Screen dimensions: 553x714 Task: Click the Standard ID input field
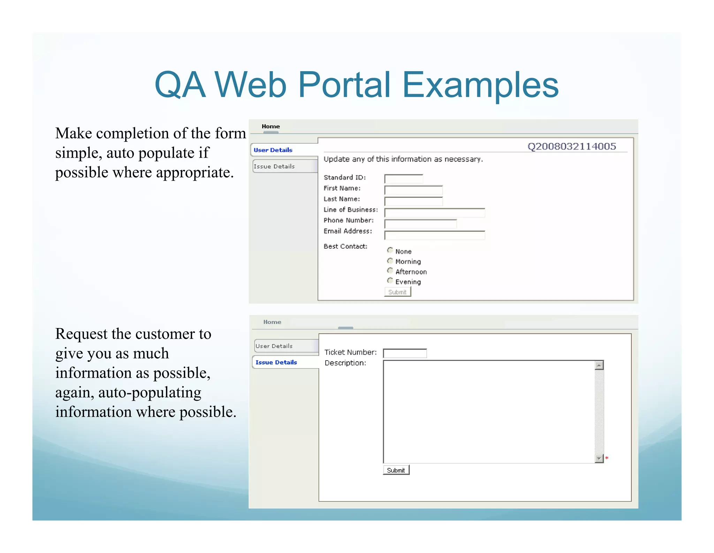point(403,179)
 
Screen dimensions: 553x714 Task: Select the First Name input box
point(413,190)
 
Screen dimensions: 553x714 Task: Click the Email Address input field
point(434,236)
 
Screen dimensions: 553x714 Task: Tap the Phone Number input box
point(420,224)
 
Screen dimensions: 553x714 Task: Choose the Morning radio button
point(390,261)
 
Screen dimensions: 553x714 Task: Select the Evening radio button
point(390,281)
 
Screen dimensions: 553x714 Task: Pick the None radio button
point(390,250)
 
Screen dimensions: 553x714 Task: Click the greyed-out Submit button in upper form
point(397,292)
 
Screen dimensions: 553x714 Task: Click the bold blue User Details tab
point(273,150)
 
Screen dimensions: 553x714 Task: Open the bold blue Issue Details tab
point(276,362)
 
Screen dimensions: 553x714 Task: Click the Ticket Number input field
point(405,353)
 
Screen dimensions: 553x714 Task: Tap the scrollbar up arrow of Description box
point(599,365)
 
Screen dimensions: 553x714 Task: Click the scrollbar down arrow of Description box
point(599,459)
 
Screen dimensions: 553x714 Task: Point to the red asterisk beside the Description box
point(607,458)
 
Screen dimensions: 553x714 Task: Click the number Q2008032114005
point(572,146)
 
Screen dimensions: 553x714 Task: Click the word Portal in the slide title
point(344,85)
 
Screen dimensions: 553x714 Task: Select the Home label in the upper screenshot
point(271,127)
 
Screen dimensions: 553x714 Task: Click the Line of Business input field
point(434,213)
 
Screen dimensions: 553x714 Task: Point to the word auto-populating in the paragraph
point(150,393)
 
